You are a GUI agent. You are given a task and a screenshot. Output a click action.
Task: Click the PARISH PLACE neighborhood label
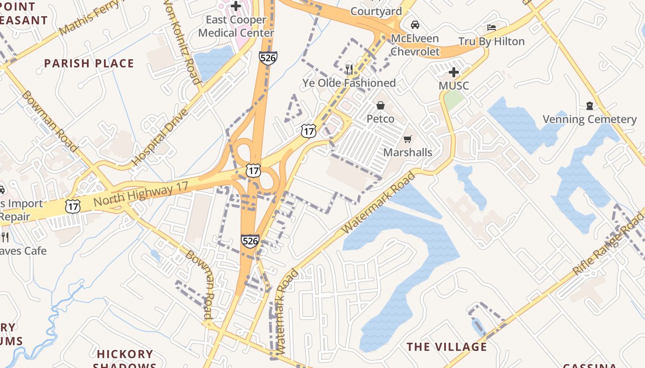pyautogui.click(x=89, y=63)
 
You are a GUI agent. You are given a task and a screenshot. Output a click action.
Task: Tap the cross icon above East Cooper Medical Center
pyautogui.click(x=236, y=6)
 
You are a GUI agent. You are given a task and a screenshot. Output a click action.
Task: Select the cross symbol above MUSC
pyautogui.click(x=454, y=72)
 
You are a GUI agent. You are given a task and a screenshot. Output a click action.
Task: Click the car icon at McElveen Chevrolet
pyautogui.click(x=415, y=25)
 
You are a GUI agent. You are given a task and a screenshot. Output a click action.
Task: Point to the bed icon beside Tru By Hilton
pyautogui.click(x=492, y=28)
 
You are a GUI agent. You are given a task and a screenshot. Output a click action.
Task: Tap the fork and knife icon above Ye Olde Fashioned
pyautogui.click(x=349, y=69)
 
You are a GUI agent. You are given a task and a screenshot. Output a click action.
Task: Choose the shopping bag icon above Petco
pyautogui.click(x=381, y=105)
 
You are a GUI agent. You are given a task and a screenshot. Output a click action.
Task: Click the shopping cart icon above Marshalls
pyautogui.click(x=408, y=139)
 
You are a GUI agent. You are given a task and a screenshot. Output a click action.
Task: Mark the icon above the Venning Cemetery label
pyautogui.click(x=589, y=106)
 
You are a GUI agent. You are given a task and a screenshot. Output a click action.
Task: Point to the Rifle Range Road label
pyautogui.click(x=608, y=244)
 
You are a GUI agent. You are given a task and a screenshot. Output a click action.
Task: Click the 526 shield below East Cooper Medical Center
pyautogui.click(x=268, y=58)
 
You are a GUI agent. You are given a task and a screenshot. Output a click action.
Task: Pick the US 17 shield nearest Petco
pyautogui.click(x=309, y=131)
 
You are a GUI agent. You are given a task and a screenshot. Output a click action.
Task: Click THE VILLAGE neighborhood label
pyautogui.click(x=446, y=347)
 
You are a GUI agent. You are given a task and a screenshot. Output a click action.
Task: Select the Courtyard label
pyautogui.click(x=376, y=11)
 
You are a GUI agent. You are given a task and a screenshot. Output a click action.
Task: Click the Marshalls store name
pyautogui.click(x=408, y=152)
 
